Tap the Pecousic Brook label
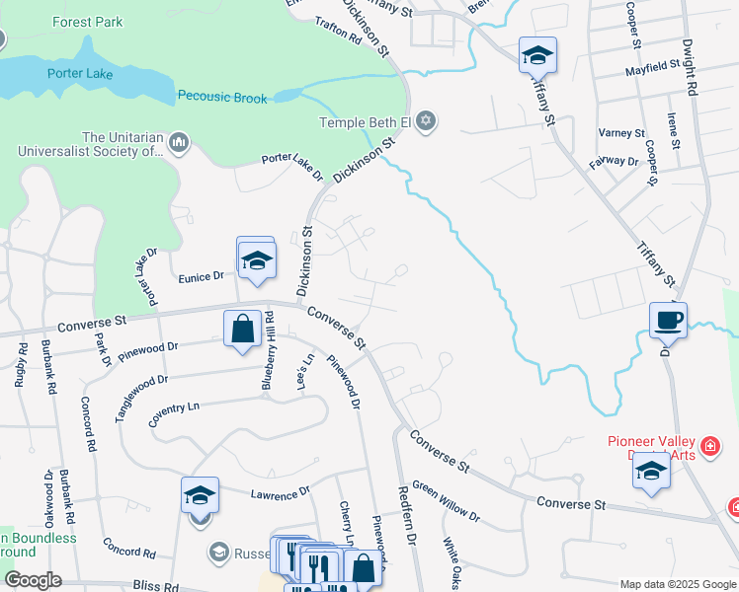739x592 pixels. [222, 97]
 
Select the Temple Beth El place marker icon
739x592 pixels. [426, 122]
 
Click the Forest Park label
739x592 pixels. [86, 21]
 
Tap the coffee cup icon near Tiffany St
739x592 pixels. [668, 320]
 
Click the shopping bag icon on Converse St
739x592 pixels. [242, 329]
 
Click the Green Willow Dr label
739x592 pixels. [446, 501]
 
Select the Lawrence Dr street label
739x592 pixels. [281, 490]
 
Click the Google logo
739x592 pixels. [33, 579]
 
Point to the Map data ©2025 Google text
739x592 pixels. [677, 583]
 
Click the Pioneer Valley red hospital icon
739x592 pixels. [707, 449]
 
